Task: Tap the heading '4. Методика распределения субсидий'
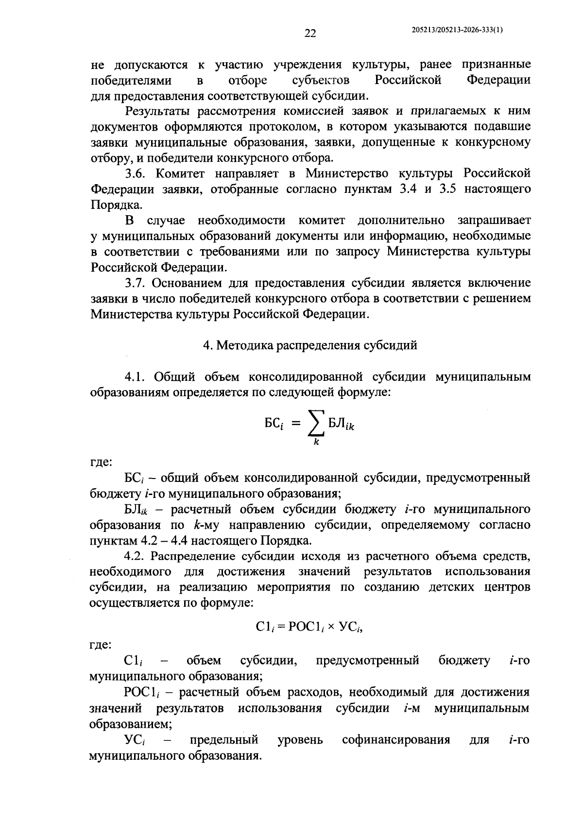310,345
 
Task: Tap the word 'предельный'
223,740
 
